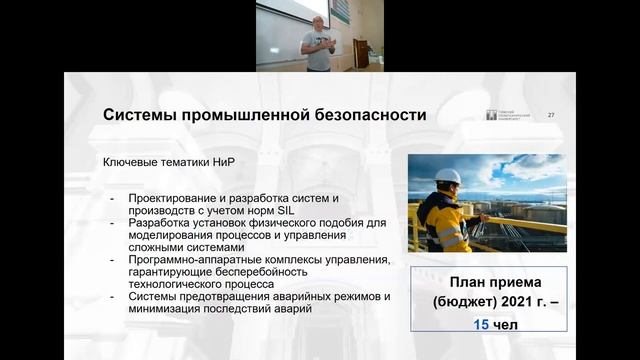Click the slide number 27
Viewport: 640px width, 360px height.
click(551, 115)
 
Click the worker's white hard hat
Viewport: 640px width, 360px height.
click(448, 177)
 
